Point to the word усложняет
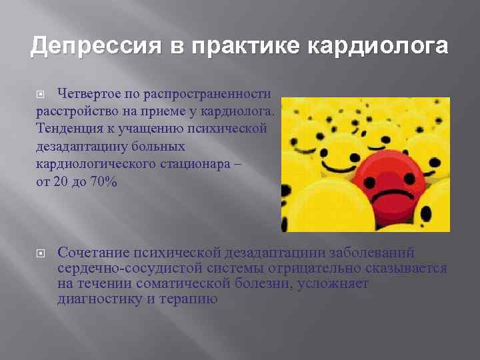tap(331, 283)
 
